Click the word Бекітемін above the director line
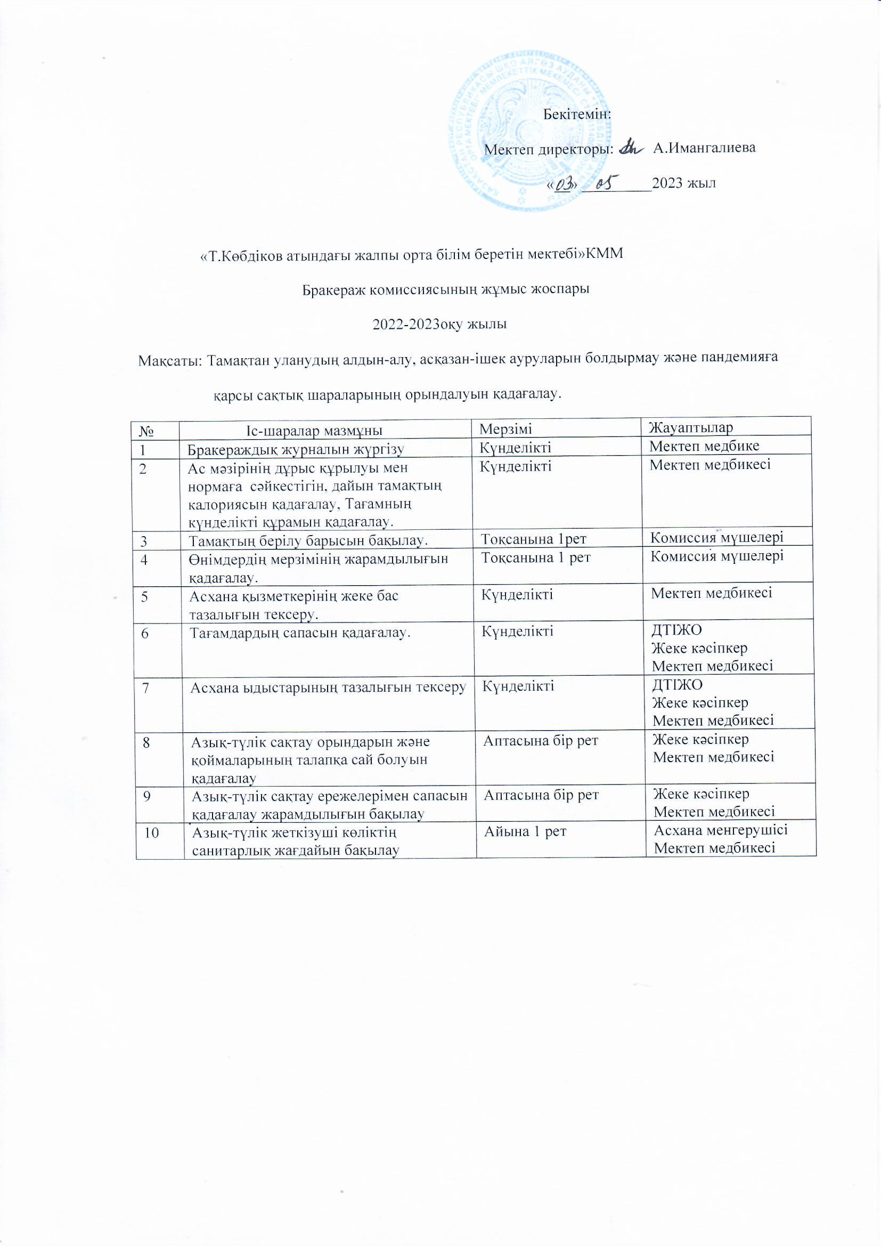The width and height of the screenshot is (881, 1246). click(x=577, y=115)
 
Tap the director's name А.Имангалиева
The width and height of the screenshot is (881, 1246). click(x=704, y=148)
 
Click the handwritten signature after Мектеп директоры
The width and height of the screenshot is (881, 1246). click(x=630, y=147)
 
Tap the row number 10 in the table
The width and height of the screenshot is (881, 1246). click(x=152, y=832)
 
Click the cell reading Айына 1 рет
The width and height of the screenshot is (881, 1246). click(x=525, y=831)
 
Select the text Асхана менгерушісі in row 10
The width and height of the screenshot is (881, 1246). click(x=721, y=830)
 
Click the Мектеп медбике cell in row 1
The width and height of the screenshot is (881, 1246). click(x=704, y=446)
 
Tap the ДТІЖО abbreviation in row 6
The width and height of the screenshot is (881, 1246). click(x=676, y=630)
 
